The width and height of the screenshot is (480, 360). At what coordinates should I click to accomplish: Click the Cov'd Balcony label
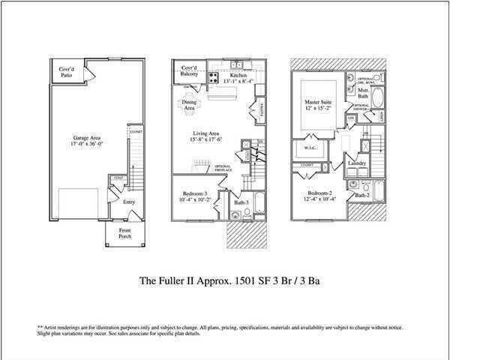190,73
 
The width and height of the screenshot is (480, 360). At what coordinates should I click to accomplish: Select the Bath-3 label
242,202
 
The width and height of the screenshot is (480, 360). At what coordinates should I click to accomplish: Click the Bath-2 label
361,195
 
